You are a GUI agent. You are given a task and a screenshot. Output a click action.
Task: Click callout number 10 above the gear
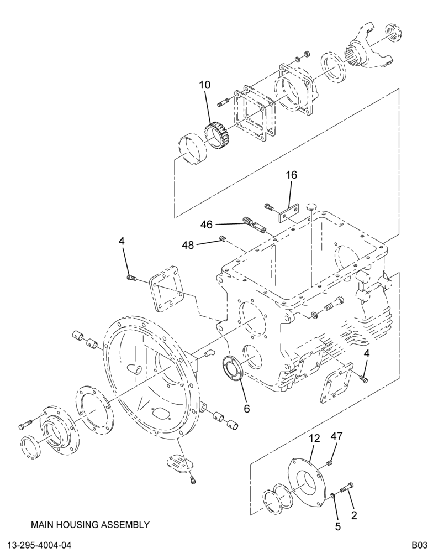204,85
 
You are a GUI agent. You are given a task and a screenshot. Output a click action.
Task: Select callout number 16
291,175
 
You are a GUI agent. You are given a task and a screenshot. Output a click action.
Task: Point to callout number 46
207,225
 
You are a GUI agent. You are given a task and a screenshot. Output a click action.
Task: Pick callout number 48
188,245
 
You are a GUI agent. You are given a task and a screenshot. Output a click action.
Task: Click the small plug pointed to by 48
223,239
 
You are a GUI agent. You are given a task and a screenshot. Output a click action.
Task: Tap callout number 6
246,409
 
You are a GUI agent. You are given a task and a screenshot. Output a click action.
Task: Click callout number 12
315,439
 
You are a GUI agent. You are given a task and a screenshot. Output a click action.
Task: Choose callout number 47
336,436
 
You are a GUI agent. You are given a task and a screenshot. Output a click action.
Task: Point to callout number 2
354,515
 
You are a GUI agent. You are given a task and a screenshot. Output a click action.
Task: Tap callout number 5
338,526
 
